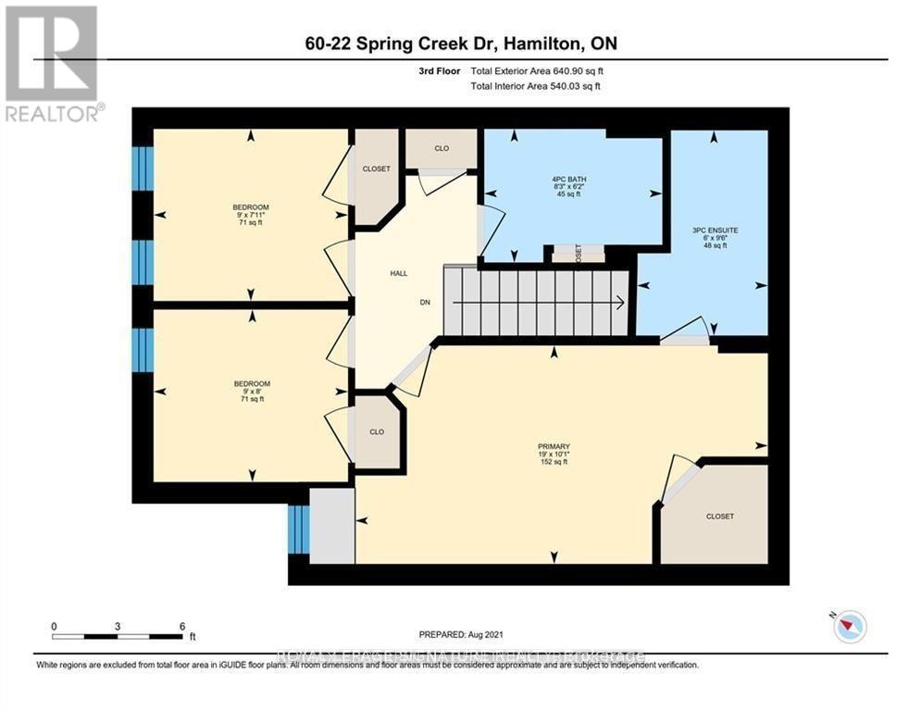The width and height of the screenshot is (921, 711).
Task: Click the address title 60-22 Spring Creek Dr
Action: coord(459,44)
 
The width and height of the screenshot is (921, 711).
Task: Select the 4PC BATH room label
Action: coord(570,179)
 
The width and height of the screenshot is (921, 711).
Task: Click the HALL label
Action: coord(398,273)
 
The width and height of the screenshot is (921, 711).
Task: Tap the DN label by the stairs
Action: coord(425,302)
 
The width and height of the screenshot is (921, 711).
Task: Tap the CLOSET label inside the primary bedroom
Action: coord(719,517)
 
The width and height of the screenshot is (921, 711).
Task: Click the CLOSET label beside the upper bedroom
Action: coord(377,168)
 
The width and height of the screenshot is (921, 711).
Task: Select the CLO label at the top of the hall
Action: coord(442,147)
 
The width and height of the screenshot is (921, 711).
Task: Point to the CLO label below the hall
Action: coord(377,431)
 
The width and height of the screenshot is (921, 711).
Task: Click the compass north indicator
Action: coord(849,627)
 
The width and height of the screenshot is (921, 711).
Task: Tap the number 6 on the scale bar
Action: coord(181,626)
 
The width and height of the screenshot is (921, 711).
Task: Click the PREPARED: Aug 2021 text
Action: coord(460,635)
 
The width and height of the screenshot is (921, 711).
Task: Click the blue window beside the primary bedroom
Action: coord(298,530)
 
